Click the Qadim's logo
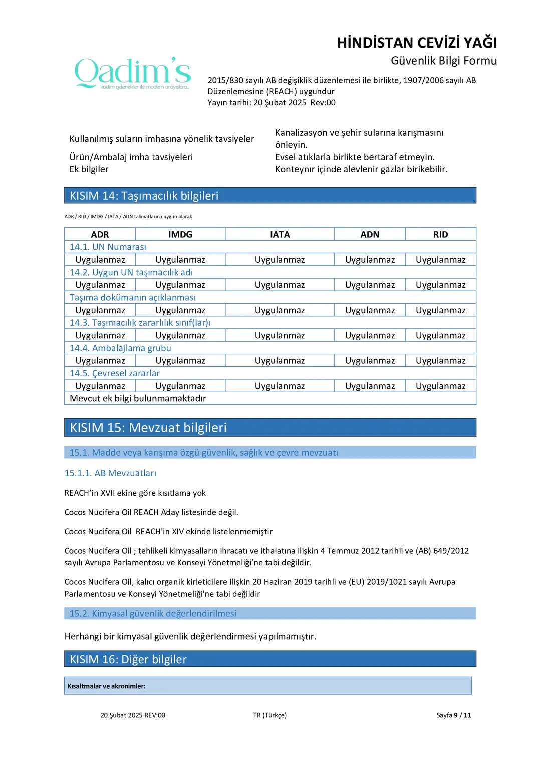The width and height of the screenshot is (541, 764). tap(133, 73)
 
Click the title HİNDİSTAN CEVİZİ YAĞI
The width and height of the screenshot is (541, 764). tap(417, 43)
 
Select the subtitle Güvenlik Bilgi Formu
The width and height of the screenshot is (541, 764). tap(444, 61)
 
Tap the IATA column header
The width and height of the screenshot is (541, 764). tap(280, 234)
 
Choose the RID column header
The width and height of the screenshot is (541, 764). tap(440, 234)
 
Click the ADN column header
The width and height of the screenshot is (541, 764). tap(370, 234)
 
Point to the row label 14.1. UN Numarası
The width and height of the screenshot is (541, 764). tap(108, 247)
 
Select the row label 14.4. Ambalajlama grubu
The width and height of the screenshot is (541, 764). tap(120, 348)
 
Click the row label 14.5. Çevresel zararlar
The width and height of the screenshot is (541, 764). tap(115, 373)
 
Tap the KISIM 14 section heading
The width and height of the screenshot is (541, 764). tap(144, 196)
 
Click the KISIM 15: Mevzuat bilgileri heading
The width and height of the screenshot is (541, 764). tap(148, 428)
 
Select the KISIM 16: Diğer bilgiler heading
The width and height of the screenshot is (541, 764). tap(128, 659)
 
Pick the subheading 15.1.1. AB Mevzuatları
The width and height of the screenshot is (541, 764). tap(110, 473)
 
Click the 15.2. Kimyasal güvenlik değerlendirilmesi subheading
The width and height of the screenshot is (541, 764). tap(153, 613)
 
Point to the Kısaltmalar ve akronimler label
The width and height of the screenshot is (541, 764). tap(107, 686)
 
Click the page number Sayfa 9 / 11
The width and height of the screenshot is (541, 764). tap(453, 715)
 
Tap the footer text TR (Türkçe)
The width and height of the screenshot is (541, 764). tap(270, 715)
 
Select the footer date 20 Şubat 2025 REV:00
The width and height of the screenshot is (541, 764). tap(133, 715)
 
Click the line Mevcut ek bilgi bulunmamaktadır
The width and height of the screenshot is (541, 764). tap(138, 398)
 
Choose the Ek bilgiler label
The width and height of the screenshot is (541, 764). tap(89, 169)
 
